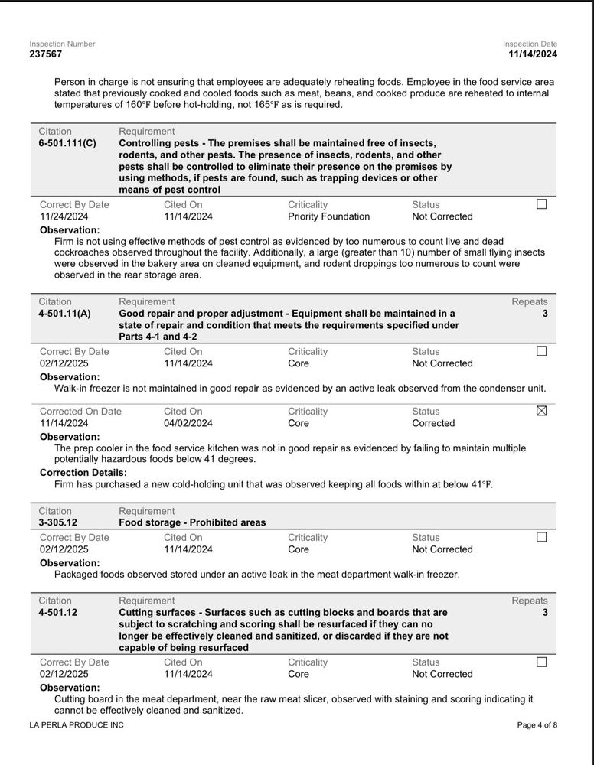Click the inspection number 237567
pos(46,54)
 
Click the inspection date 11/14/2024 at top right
pos(533,54)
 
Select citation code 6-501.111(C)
pos(67,143)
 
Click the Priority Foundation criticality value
pos(328,216)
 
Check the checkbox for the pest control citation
pos(542,204)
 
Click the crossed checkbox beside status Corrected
pos(542,411)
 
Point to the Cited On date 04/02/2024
pos(188,423)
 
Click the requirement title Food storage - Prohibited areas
pos(192,522)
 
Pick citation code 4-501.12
pos(58,613)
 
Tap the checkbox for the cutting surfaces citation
pos(542,662)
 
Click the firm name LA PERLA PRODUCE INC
pos(76,724)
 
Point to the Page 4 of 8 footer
pos(537,724)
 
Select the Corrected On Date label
pos(80,412)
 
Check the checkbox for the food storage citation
pos(542,537)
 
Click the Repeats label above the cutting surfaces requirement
pos(530,601)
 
